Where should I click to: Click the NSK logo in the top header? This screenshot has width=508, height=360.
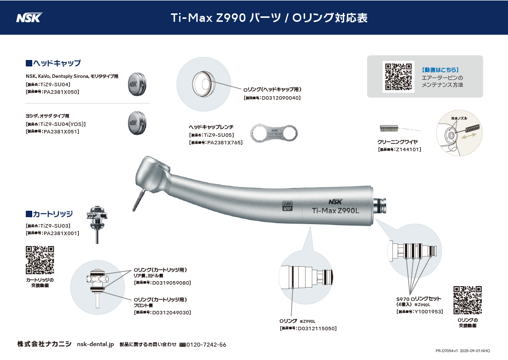tap(29, 18)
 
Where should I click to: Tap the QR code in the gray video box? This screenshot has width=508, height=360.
tap(398, 76)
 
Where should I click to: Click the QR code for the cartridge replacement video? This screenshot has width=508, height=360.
tap(40, 260)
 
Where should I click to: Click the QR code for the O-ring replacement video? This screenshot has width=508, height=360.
tap(468, 300)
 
